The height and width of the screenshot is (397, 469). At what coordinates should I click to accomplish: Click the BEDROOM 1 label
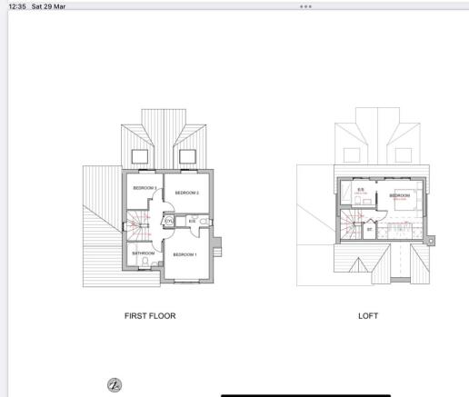(x=185, y=254)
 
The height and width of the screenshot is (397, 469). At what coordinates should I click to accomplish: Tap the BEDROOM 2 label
(x=187, y=193)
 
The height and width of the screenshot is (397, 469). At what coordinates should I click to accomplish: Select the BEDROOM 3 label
(x=145, y=187)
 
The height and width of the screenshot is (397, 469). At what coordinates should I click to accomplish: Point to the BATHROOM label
(x=144, y=253)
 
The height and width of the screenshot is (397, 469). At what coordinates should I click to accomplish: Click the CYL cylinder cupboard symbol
(x=169, y=222)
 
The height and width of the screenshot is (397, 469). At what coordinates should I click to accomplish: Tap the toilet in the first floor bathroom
(x=145, y=263)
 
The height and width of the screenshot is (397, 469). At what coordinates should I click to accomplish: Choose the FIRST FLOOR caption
(x=150, y=316)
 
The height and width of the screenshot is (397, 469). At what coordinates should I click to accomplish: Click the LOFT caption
(x=369, y=316)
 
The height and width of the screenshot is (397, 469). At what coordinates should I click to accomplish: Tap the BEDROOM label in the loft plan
(x=400, y=195)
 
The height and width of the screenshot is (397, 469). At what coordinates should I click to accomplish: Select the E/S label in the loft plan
(x=361, y=190)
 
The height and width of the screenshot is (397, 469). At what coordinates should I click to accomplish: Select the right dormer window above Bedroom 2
(x=187, y=156)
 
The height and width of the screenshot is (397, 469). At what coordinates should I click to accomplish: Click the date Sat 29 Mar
(x=52, y=5)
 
